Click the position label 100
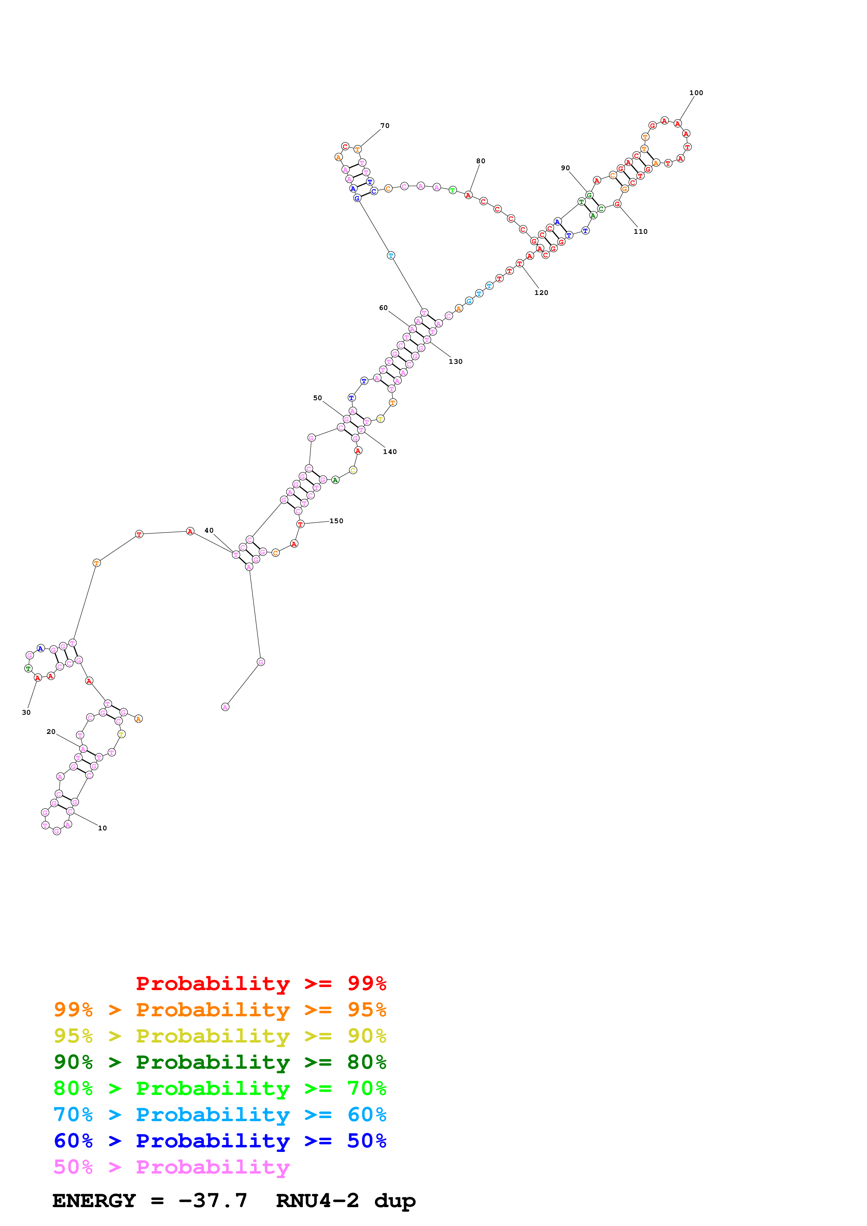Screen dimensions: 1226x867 696,93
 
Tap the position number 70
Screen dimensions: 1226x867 385,126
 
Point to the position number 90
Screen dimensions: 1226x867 565,168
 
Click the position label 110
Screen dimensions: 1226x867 640,232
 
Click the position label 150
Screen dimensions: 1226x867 336,521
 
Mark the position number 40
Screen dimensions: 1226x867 209,531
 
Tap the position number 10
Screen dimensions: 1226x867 102,829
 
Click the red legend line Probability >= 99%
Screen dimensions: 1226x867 261,983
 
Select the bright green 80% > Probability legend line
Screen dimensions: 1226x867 220,1088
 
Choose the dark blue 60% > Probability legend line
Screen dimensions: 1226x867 220,1141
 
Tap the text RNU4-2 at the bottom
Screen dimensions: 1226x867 317,1201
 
